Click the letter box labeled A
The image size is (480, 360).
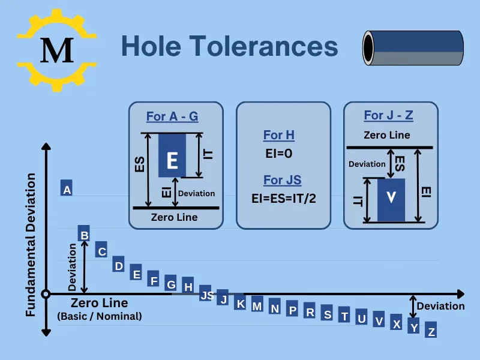[67, 189]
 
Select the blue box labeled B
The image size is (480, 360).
[85, 235]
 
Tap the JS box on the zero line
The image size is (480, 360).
[206, 295]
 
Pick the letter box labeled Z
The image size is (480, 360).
[431, 331]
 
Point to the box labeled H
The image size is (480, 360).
[188, 286]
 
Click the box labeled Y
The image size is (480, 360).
[414, 326]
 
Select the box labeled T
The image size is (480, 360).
[344, 314]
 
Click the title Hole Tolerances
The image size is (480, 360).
[229, 46]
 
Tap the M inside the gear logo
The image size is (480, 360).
[58, 50]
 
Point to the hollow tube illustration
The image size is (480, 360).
[413, 47]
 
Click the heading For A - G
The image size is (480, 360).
[172, 116]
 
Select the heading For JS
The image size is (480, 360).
[282, 180]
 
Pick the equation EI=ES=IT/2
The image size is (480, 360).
[283, 198]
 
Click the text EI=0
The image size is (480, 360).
[279, 154]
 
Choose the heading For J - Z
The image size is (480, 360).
[389, 116]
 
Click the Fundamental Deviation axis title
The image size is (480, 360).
[31, 245]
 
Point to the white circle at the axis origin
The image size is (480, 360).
[46, 294]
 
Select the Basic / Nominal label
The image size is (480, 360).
[100, 316]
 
